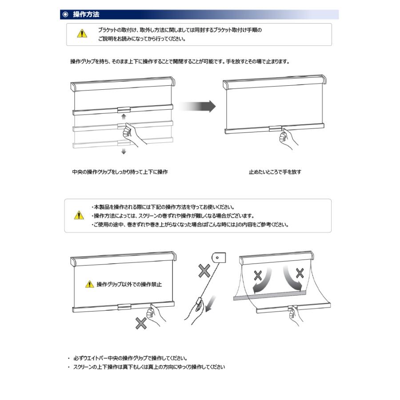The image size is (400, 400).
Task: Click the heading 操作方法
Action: (x=86, y=15)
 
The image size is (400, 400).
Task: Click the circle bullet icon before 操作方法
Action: (x=65, y=15)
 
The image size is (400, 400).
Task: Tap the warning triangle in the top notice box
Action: (x=82, y=33)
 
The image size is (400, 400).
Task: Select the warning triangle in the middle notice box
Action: (x=79, y=216)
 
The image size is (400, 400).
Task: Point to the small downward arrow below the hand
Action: (x=124, y=152)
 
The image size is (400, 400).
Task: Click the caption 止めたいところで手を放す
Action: (x=275, y=172)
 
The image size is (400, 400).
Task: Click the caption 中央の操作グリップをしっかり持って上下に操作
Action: (x=120, y=172)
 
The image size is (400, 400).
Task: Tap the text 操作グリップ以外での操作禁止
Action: (x=129, y=284)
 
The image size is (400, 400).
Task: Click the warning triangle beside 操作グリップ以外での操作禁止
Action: (x=90, y=284)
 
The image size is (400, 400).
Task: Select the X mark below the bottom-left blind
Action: (x=141, y=324)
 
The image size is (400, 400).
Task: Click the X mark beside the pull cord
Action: (x=204, y=271)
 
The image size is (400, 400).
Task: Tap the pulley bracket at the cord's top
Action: (x=219, y=257)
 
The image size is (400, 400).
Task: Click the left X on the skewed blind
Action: (x=258, y=276)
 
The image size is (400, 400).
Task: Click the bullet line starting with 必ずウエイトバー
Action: (x=130, y=358)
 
